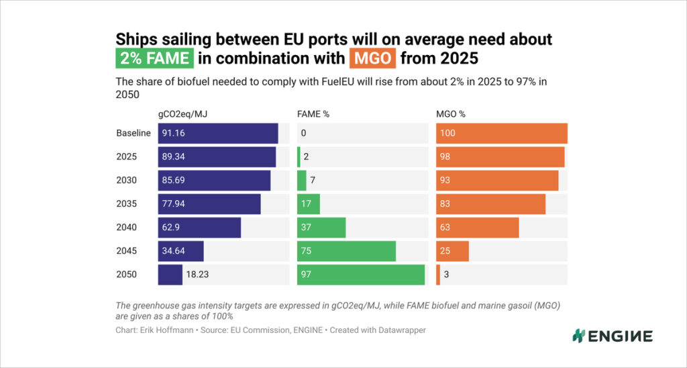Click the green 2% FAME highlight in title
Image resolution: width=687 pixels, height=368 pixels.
(x=155, y=58)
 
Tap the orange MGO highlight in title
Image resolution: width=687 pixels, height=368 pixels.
(x=372, y=58)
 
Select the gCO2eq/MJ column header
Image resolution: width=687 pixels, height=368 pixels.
(x=182, y=114)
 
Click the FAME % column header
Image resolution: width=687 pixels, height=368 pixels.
(x=313, y=114)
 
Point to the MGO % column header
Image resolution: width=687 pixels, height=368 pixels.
(x=451, y=114)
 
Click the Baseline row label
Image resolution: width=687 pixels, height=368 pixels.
(x=134, y=134)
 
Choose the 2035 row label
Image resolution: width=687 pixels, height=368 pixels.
(x=127, y=204)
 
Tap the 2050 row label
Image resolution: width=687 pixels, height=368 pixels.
(x=127, y=275)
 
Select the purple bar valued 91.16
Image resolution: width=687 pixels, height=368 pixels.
(x=218, y=134)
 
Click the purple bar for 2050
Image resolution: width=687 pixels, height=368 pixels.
(x=170, y=275)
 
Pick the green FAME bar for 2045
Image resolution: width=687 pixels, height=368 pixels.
(x=347, y=251)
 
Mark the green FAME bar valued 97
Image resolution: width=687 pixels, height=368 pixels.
(x=361, y=275)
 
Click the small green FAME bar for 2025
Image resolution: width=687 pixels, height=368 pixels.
(x=299, y=157)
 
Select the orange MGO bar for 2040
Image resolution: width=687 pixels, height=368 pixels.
(x=478, y=227)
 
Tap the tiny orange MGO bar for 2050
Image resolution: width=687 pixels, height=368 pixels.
(x=438, y=275)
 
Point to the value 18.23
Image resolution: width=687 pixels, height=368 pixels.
(x=197, y=275)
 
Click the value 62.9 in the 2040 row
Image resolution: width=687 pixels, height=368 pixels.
(x=171, y=228)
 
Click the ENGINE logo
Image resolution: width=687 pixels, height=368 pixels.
(x=613, y=336)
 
